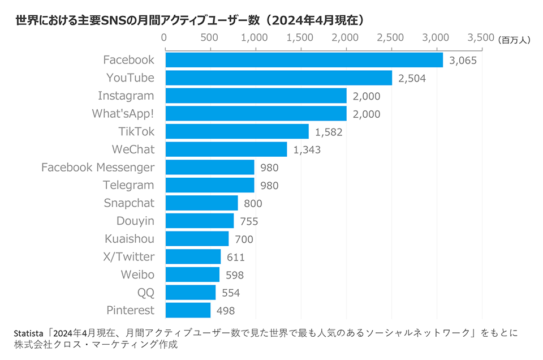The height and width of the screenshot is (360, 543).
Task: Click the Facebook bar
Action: click(304, 60)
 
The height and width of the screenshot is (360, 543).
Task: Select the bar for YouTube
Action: click(278, 78)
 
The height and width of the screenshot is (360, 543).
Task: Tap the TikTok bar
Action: click(237, 131)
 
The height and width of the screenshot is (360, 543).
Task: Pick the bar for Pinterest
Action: click(188, 310)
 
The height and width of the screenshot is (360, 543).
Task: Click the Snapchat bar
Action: click(201, 203)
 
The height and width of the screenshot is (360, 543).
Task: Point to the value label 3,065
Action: click(463, 61)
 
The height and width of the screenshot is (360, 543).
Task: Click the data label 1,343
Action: click(307, 149)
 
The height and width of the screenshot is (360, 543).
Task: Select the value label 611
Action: click(235, 258)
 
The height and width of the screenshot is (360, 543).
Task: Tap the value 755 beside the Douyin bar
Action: click(248, 221)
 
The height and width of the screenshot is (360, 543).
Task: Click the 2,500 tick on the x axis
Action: click(390, 38)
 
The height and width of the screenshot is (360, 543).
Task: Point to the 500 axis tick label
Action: click(209, 38)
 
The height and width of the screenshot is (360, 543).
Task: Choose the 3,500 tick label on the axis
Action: click(481, 38)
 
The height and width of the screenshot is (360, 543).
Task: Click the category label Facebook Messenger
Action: click(98, 168)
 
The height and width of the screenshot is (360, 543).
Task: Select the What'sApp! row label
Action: click(123, 114)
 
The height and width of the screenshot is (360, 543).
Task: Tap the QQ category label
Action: click(145, 292)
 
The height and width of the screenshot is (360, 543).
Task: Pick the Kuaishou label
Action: click(130, 239)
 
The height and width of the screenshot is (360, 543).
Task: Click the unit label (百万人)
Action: click(515, 39)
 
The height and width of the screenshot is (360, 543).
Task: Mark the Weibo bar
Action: click(192, 275)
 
